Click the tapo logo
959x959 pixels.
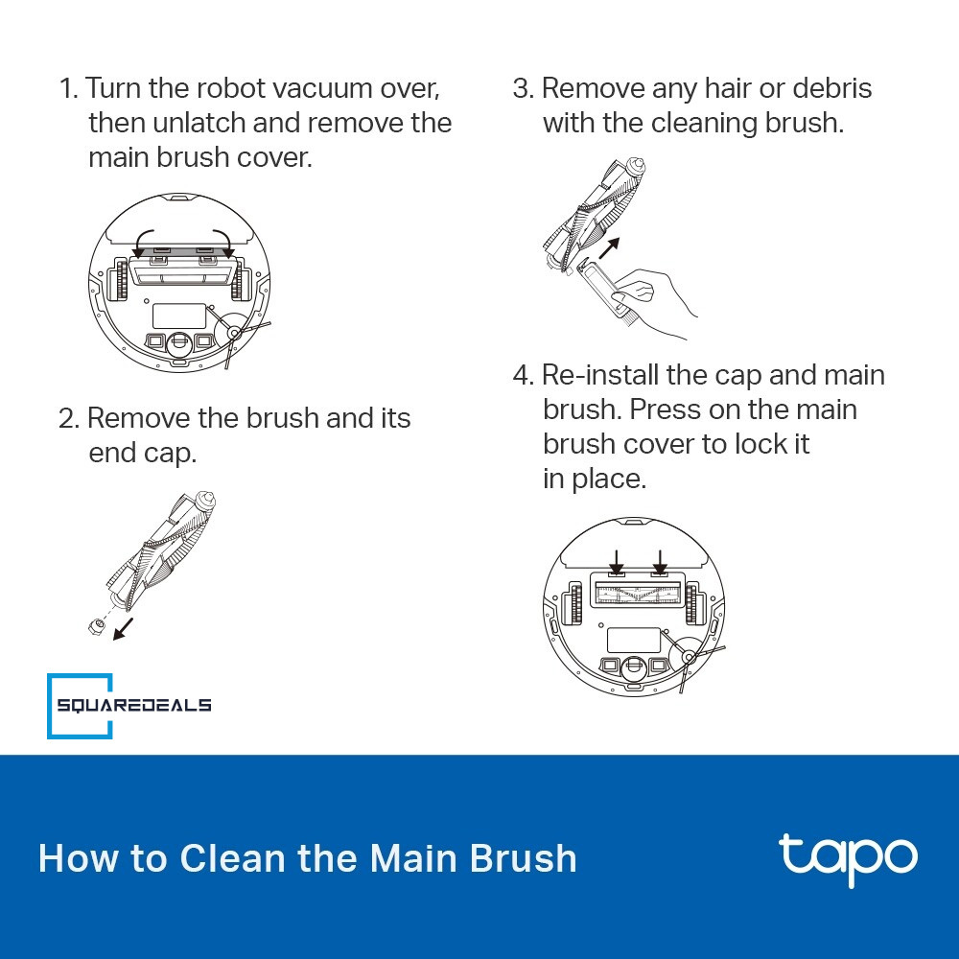point(848,858)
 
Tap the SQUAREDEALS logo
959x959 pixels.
point(129,706)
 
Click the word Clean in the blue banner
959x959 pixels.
point(232,858)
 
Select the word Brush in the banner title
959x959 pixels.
point(523,858)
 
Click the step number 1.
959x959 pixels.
point(68,88)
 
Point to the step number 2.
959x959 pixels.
point(68,419)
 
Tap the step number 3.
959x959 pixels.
point(523,88)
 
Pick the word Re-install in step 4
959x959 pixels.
point(600,376)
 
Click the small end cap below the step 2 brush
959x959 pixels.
point(96,625)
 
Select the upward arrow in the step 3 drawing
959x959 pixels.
point(609,248)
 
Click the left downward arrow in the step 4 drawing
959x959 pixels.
point(617,561)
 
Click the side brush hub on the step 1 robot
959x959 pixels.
point(234,333)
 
